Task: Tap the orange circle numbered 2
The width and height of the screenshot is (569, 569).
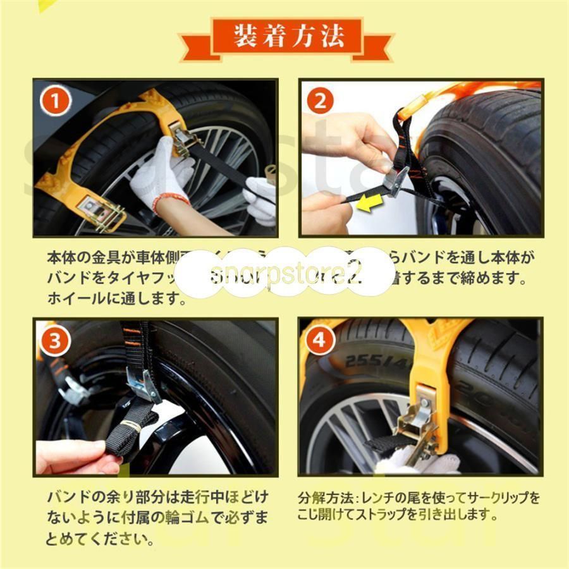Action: click(x=321, y=101)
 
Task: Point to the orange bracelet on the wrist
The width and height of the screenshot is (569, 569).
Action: click(x=169, y=200)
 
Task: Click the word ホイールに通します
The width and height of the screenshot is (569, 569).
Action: click(x=117, y=298)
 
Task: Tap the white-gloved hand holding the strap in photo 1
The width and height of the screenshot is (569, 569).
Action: click(x=161, y=171)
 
